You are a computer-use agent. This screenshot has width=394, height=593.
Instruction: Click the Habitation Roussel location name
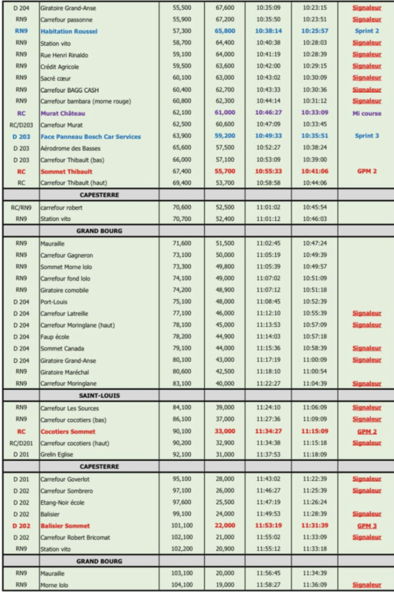tap(69, 31)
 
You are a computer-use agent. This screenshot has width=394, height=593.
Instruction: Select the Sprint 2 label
tap(367, 31)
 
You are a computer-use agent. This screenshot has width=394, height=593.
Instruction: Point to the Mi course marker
tap(367, 114)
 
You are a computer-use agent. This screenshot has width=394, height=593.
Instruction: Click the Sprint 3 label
tap(367, 137)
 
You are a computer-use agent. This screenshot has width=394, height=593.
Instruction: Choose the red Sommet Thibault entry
tap(66, 172)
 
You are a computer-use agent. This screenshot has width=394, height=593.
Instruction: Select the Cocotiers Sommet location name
tap(68, 431)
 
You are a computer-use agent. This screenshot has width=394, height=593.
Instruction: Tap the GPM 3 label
tap(367, 526)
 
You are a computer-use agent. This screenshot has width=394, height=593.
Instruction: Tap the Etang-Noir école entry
tap(62, 502)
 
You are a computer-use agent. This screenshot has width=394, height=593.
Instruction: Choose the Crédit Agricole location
tap(60, 67)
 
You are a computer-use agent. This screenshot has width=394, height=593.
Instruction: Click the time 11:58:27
tap(268, 585)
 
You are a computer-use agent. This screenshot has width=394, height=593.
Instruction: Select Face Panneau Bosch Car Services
tap(90, 137)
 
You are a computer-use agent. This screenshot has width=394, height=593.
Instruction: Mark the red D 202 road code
tap(21, 526)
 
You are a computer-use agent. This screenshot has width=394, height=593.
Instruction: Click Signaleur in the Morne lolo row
tap(367, 585)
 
